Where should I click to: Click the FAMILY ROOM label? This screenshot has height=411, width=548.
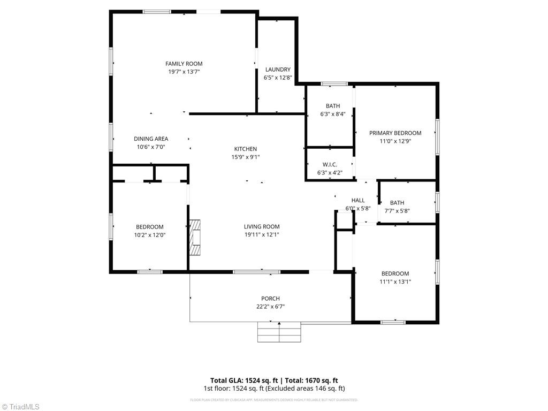[x=184, y=64]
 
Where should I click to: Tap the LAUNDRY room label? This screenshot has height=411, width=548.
[x=278, y=70]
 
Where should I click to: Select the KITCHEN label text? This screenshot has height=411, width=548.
[x=246, y=149]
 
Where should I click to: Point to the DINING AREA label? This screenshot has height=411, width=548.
[x=151, y=139]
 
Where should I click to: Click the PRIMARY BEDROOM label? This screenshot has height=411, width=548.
[x=395, y=133]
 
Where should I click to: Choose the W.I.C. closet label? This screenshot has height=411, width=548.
[x=329, y=164]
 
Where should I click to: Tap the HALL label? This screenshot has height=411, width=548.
[x=358, y=200]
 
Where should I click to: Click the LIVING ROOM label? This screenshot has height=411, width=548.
[x=262, y=226]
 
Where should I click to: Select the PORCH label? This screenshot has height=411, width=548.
[x=270, y=299]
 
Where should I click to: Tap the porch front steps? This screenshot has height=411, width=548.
[x=279, y=332]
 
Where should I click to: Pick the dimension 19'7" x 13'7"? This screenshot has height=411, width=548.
[x=184, y=72]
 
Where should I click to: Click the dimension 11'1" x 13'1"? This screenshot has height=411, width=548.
[x=395, y=281]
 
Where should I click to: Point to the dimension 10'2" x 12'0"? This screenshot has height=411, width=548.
[x=149, y=234]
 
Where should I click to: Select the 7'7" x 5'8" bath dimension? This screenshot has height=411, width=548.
[x=397, y=210]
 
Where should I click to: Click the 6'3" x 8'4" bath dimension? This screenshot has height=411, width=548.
[x=332, y=114]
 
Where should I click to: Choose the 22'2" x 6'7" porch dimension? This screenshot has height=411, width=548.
[x=270, y=307]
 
